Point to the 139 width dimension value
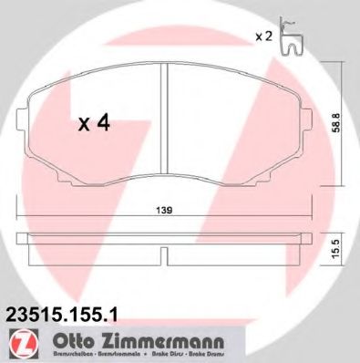tap(164, 211)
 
